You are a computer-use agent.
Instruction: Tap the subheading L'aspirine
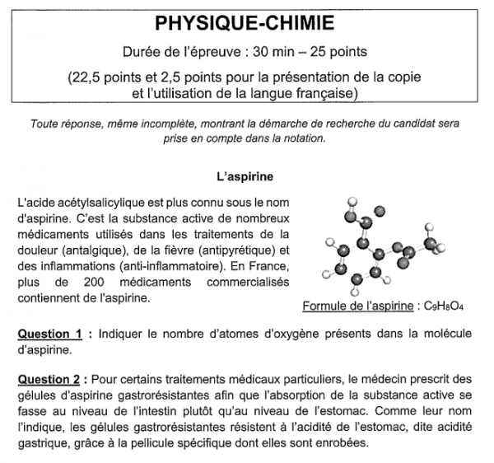tap(245, 176)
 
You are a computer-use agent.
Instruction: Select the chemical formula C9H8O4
tap(445, 306)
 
